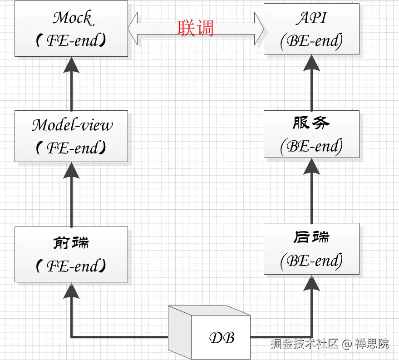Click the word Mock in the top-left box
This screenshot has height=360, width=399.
pos(73,18)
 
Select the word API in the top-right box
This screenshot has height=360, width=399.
pos(311,18)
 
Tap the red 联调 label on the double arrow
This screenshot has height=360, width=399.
pos(195,28)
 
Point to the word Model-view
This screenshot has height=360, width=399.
pos(72,125)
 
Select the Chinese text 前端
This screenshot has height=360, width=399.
pos(71,243)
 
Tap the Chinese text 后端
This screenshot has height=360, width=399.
pos(311,237)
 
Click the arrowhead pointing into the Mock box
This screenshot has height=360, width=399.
pos(71,65)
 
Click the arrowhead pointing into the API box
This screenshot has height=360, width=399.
pos(311,63)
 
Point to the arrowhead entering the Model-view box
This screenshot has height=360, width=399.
pos(71,170)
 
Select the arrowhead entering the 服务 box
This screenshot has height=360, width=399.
pos(311,166)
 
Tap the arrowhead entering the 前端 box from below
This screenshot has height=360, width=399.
pos(71,290)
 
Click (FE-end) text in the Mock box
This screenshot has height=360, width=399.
pos(71,41)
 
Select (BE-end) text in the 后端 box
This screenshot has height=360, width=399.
pos(311,261)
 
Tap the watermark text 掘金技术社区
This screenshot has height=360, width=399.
pos(304,343)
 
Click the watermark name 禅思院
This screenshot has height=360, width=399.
pos(372,343)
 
